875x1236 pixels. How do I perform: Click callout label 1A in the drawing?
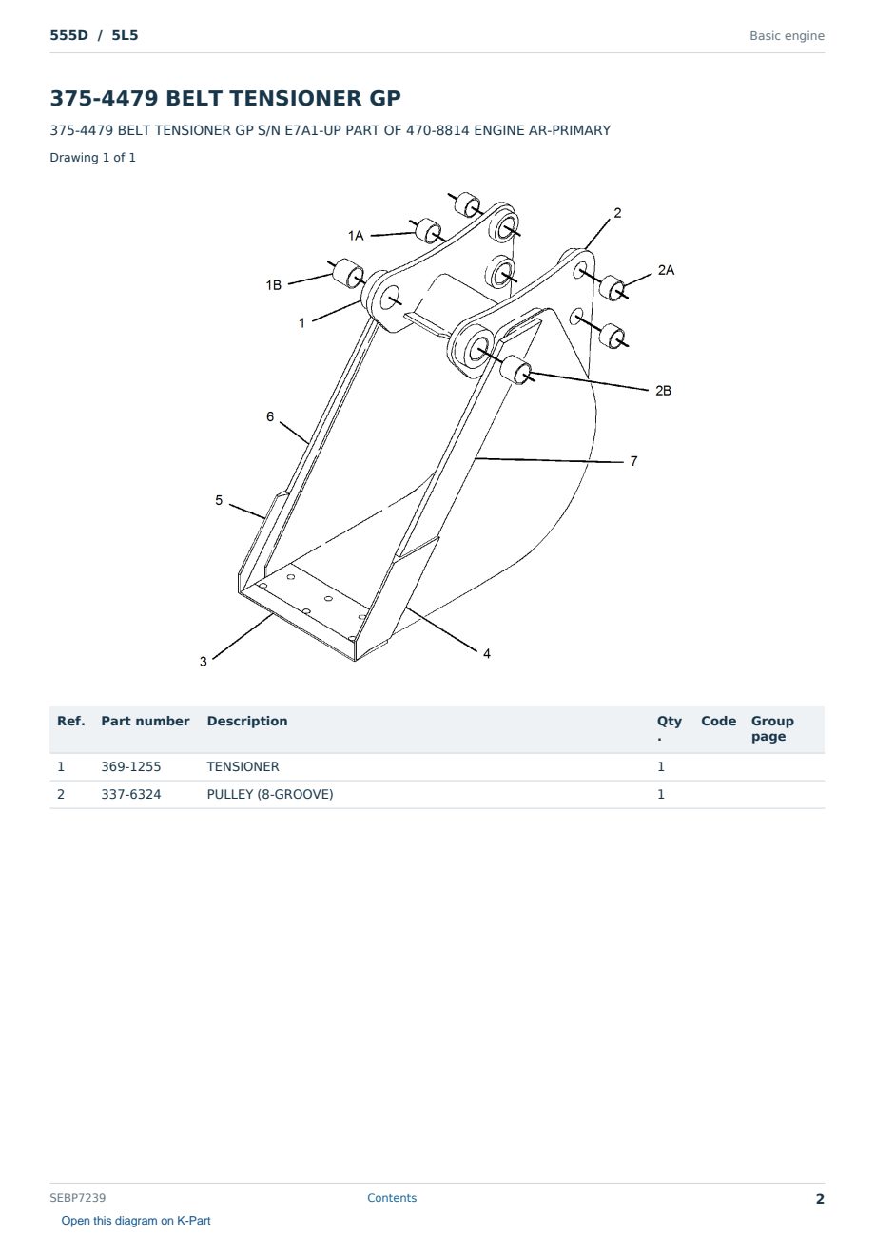pyautogui.click(x=356, y=236)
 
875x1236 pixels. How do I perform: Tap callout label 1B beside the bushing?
pyautogui.click(x=273, y=284)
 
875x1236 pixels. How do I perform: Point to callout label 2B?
pyautogui.click(x=663, y=391)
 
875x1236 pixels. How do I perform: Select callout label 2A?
pyautogui.click(x=666, y=270)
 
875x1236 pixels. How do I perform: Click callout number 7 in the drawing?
pyautogui.click(x=633, y=461)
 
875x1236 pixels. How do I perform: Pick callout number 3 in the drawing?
pyautogui.click(x=204, y=661)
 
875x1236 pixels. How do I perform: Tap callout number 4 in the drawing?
pyautogui.click(x=486, y=653)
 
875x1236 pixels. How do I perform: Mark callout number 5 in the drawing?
pyautogui.click(x=219, y=500)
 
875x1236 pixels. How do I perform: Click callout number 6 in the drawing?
pyautogui.click(x=270, y=416)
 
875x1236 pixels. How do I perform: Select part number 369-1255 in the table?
pyautogui.click(x=131, y=766)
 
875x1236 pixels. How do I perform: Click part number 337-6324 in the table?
pyautogui.click(x=131, y=794)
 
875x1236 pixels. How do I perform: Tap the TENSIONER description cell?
pyautogui.click(x=243, y=766)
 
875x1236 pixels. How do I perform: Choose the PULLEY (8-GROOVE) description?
pyautogui.click(x=270, y=794)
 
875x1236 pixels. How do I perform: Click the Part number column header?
pyautogui.click(x=146, y=721)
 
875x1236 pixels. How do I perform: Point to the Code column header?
pyautogui.click(x=718, y=721)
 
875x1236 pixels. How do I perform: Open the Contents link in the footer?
pyautogui.click(x=392, y=1197)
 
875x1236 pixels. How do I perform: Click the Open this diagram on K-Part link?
pyautogui.click(x=136, y=1220)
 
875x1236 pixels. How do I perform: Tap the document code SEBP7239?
pyautogui.click(x=77, y=1197)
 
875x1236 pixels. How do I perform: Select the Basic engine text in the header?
pyautogui.click(x=787, y=36)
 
